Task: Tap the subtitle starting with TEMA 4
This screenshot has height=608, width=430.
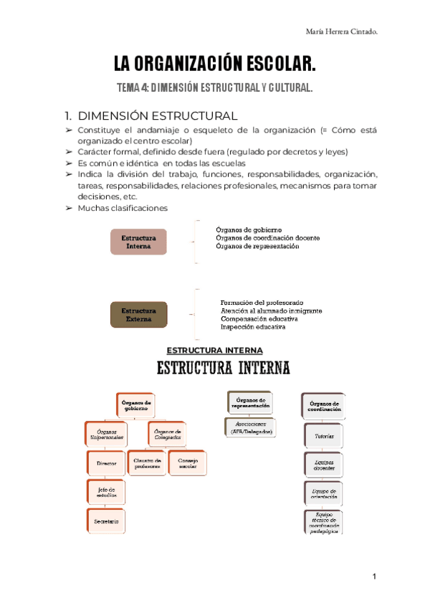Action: pyautogui.click(x=215, y=89)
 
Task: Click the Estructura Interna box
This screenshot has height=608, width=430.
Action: pyautogui.click(x=138, y=242)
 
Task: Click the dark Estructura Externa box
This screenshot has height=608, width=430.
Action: pyautogui.click(x=138, y=315)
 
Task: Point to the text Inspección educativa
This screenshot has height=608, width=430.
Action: pyautogui.click(x=253, y=327)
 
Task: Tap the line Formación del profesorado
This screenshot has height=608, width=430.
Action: pyautogui.click(x=262, y=303)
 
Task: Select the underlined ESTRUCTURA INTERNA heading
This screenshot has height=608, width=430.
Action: pyautogui.click(x=215, y=351)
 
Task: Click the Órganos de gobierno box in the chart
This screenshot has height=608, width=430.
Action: pyautogui.click(x=136, y=406)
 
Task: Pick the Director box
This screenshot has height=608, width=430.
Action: pyautogui.click(x=107, y=463)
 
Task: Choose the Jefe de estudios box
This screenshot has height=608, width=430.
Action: pyautogui.click(x=107, y=492)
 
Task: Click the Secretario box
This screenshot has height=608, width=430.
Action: pyautogui.click(x=107, y=521)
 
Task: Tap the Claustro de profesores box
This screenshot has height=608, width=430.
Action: pyautogui.click(x=146, y=462)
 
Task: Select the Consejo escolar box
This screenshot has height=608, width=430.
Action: pyautogui.click(x=188, y=462)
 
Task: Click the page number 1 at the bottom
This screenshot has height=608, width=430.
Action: pyautogui.click(x=374, y=577)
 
